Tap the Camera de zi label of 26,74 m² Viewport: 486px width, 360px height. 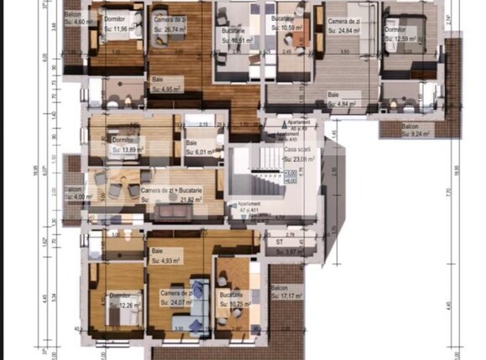pos(170,23)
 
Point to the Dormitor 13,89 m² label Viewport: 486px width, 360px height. pos(123,144)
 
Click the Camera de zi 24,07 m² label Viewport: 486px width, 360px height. pos(175,298)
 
